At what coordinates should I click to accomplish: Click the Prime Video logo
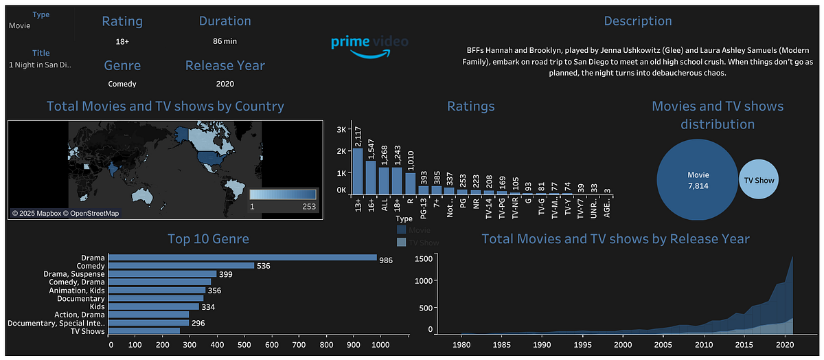[369, 45]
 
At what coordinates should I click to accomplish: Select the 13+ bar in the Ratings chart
[357, 172]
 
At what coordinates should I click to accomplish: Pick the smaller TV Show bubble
[759, 180]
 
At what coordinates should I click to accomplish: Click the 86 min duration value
[225, 41]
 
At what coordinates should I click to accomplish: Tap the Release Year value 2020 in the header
[225, 84]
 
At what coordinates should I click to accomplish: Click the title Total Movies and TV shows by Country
[165, 106]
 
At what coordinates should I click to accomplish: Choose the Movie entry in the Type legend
[420, 230]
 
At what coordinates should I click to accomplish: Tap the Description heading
[637, 21]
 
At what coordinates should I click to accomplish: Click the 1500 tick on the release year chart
[423, 258]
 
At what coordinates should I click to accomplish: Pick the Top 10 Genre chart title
[208, 239]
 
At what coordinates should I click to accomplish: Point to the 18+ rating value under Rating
[122, 41]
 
